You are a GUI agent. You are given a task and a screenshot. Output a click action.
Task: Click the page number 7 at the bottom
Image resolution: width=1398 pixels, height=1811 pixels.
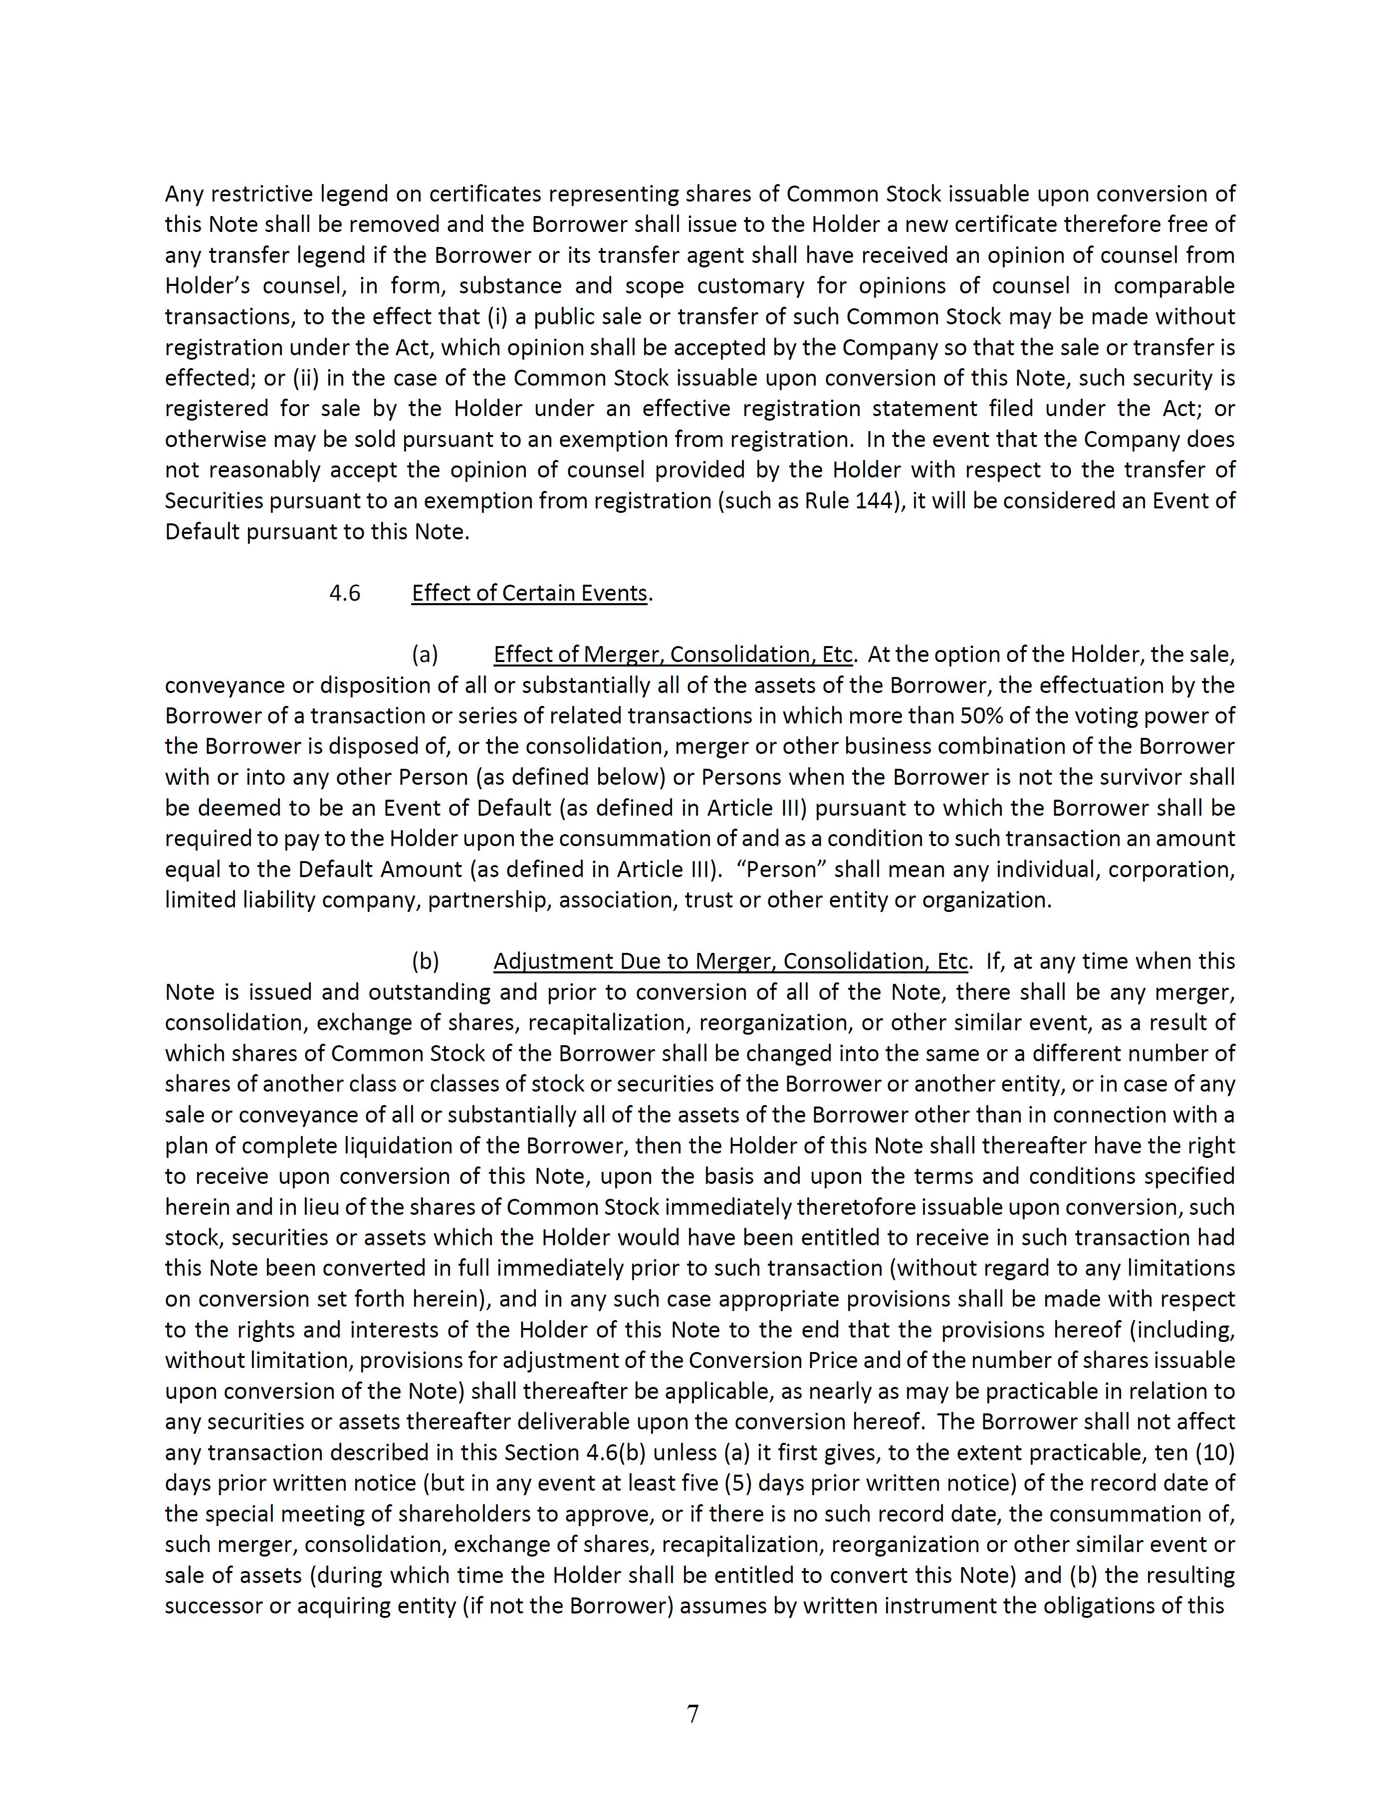pyautogui.click(x=693, y=1713)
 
